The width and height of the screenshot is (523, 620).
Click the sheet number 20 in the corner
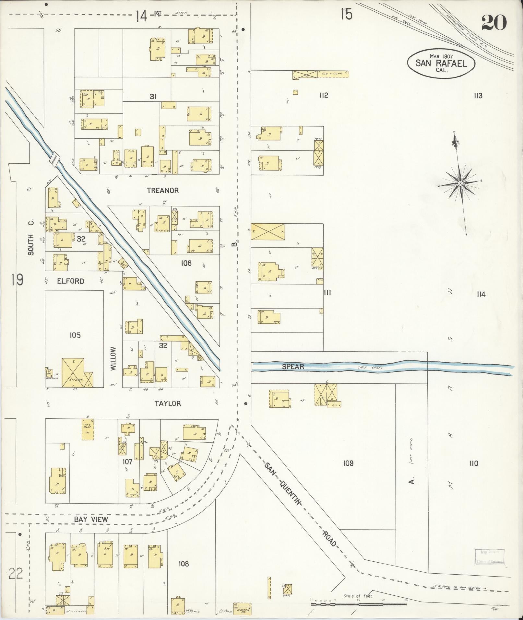494,23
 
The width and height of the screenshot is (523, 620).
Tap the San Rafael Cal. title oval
441,63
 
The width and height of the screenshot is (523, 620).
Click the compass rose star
460,183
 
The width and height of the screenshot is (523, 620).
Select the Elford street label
71,281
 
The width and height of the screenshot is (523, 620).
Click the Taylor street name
168,404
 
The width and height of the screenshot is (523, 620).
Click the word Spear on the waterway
293,367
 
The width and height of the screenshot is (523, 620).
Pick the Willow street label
113,359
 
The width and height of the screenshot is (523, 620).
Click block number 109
348,463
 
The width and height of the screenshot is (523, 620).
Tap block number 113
478,96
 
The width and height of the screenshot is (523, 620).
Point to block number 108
184,564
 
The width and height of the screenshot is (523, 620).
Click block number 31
153,96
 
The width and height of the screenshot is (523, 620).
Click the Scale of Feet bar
358,604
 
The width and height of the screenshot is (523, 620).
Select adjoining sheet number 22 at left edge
16,574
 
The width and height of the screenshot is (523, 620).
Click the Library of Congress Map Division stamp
490,557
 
